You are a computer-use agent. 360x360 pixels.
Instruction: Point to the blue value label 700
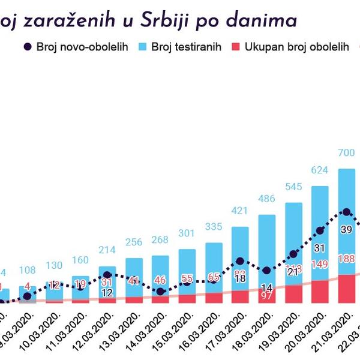pyautogui.click(x=346, y=153)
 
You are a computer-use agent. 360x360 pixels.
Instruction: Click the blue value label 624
pyautogui.click(x=320, y=170)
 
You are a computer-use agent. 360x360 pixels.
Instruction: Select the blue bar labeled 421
pyautogui.click(x=240, y=258)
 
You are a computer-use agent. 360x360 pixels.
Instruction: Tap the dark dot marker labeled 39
pyautogui.click(x=346, y=212)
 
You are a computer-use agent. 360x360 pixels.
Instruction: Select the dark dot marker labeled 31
pyautogui.click(x=320, y=230)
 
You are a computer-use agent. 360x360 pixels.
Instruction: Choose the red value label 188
pyautogui.click(x=346, y=259)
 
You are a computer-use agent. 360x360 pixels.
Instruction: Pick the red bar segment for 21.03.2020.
pyautogui.click(x=346, y=289)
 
